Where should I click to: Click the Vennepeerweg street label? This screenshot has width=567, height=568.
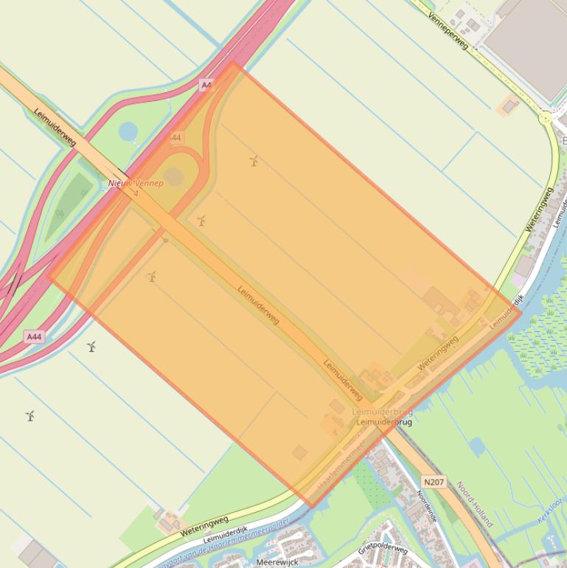[448, 30]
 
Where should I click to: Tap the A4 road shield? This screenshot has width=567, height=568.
[206, 86]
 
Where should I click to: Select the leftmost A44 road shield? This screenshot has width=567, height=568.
[34, 336]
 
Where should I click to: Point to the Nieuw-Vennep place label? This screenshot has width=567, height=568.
[136, 182]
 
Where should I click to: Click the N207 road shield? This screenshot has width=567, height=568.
[434, 482]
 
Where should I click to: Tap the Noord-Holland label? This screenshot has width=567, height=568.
[474, 505]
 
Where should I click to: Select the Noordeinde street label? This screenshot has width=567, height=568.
[428, 508]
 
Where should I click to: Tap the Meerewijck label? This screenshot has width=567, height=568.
[277, 562]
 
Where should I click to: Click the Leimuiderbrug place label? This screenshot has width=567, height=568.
[383, 423]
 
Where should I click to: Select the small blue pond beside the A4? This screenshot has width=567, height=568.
[128, 131]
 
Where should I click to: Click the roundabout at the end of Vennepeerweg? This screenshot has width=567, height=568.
[546, 117]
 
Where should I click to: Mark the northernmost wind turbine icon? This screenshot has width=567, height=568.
[254, 160]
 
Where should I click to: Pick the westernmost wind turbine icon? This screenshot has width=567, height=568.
[30, 416]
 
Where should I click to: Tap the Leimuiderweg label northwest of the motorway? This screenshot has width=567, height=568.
[55, 127]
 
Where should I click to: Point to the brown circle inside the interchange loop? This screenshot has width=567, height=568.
[173, 176]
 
